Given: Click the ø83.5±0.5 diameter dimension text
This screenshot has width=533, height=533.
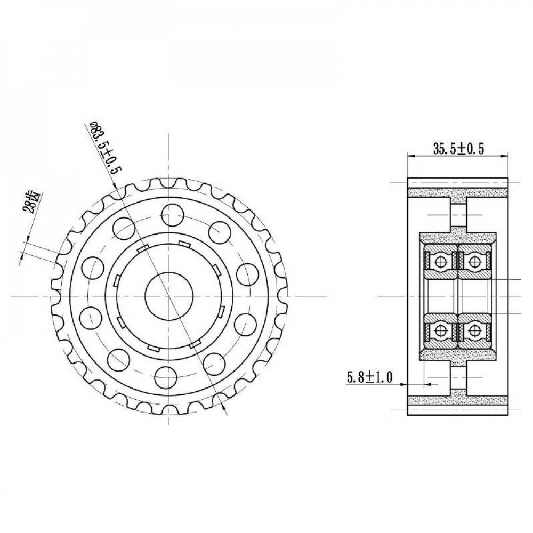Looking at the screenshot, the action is click(x=104, y=148).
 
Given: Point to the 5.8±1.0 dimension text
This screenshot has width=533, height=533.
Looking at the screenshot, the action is click(x=369, y=377).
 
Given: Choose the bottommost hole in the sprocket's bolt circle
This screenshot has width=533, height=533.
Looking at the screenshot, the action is click(x=166, y=377).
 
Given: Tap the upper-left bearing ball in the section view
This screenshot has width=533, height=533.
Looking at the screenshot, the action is click(x=441, y=261).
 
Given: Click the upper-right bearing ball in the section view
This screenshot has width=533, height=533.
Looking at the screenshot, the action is click(x=474, y=261).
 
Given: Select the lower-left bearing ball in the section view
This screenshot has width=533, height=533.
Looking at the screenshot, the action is click(x=441, y=330).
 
